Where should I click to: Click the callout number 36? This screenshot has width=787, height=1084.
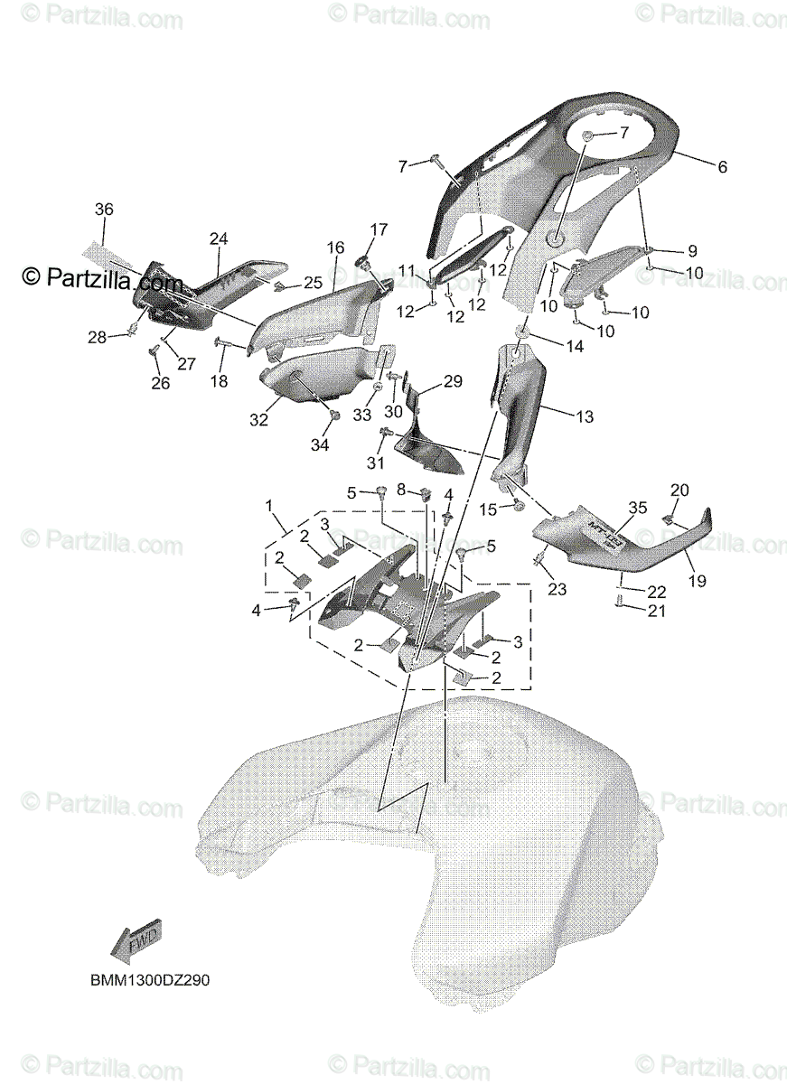[104, 209]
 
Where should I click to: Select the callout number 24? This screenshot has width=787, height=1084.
[219, 238]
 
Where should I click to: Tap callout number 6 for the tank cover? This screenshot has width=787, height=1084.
[721, 167]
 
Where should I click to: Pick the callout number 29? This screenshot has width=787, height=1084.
[452, 381]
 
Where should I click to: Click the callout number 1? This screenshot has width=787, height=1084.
[267, 503]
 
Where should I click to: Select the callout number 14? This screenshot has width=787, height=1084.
[575, 345]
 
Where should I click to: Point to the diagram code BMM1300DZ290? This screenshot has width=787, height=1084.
[150, 979]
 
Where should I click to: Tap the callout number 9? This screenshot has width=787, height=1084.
[691, 250]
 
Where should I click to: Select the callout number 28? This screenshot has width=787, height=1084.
[97, 338]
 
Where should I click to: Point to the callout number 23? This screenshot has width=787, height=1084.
[557, 590]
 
